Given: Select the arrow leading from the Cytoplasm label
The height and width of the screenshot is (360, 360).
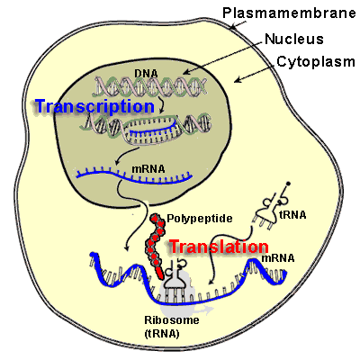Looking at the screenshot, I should click(x=248, y=73).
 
